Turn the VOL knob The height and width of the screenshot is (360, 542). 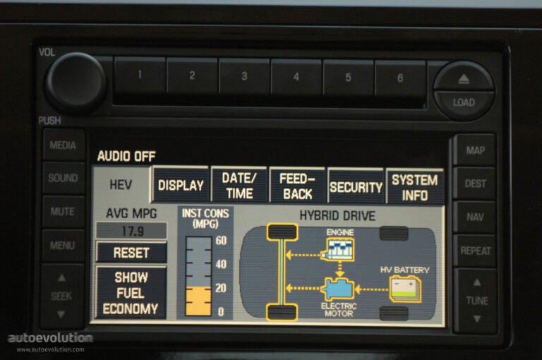(76, 83)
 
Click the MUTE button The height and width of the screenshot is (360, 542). (63, 211)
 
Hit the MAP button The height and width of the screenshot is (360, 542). (475, 150)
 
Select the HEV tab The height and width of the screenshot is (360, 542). (121, 185)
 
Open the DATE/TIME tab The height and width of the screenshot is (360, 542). (239, 186)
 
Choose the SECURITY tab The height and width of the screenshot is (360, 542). (356, 187)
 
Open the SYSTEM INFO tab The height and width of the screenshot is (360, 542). (415, 188)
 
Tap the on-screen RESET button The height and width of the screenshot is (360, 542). (131, 253)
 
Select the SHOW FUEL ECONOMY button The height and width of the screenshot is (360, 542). (131, 293)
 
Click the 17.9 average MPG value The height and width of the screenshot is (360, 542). (132, 231)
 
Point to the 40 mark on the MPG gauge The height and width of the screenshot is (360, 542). (221, 265)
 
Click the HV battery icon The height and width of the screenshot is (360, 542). (405, 289)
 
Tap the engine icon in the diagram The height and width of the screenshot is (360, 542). (339, 249)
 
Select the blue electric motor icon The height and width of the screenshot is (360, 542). (338, 289)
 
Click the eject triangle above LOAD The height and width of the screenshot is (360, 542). (464, 79)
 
